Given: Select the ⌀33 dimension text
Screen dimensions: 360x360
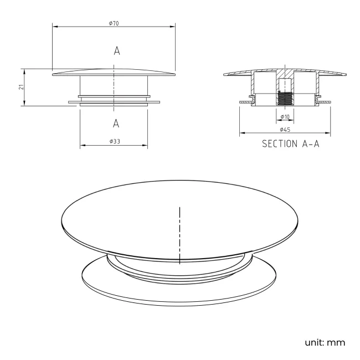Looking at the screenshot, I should (x=115, y=142).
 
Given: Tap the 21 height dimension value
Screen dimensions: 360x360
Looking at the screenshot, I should (x=20, y=87).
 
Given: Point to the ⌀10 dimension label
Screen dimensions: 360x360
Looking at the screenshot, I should (x=285, y=117).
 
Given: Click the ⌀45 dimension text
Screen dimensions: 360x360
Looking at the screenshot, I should (x=285, y=129).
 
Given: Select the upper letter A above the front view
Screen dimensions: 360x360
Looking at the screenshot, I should (x=116, y=51).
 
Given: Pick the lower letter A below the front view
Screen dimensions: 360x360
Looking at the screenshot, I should (x=116, y=122).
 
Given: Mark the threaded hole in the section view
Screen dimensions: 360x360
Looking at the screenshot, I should (x=285, y=99).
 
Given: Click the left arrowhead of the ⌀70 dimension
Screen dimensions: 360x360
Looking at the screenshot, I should (x=54, y=26).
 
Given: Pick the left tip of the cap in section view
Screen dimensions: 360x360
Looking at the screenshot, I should (x=224, y=75).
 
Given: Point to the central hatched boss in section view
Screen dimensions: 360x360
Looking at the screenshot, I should (x=285, y=78).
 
